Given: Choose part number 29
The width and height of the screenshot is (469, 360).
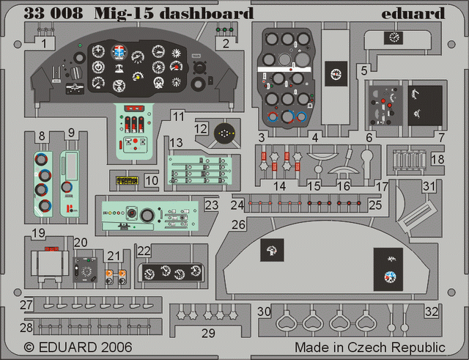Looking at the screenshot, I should click(x=209, y=334).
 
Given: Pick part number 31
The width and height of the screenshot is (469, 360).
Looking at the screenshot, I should click(x=429, y=187).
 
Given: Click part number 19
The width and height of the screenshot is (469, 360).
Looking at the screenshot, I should click(x=39, y=234).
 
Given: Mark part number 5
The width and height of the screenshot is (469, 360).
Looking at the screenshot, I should click(x=363, y=70).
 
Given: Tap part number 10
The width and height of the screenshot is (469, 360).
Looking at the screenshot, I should click(x=151, y=180).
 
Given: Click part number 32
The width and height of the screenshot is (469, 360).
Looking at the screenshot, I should click(x=432, y=311).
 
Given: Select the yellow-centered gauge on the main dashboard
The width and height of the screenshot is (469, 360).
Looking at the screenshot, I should click(x=137, y=75).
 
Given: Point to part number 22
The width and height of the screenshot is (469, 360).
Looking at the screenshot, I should click(x=144, y=251).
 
